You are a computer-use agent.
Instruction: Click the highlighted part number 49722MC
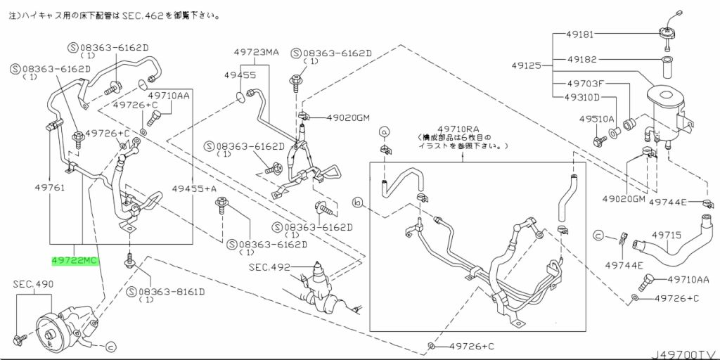pos(75,261)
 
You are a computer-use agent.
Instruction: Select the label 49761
pos(50,187)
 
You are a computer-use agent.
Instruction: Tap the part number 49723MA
pos(256,52)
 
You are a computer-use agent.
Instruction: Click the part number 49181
pos(580,34)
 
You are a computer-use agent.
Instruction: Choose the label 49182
pos(580,59)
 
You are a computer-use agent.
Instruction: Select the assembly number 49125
pos(527,65)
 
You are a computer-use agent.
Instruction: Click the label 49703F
pos(583,84)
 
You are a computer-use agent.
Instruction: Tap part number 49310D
pos(582,97)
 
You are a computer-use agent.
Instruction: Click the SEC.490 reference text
pos(33,285)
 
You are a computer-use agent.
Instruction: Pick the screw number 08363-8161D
pos(171,292)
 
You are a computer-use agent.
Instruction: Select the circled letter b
pos(358,202)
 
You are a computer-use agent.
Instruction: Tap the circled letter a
pos(384,131)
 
